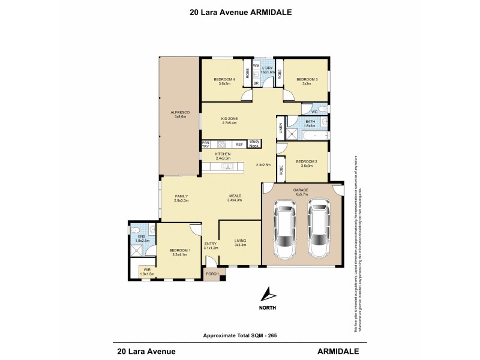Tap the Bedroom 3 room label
click(306, 81)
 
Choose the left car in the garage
click(284, 229)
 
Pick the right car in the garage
click(319, 229)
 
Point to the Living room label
click(240, 242)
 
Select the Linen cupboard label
click(280, 128)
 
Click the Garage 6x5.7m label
click(301, 191)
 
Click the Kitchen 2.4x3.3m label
click(223, 156)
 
